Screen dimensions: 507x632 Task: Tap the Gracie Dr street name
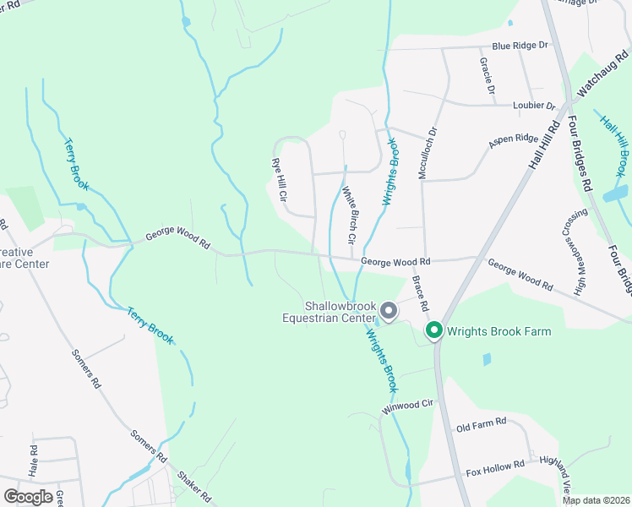(x=487, y=76)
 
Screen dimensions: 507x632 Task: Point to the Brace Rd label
(x=421, y=292)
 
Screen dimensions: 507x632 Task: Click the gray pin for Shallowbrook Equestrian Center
(x=389, y=312)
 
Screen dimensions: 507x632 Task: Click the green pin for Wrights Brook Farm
(x=434, y=330)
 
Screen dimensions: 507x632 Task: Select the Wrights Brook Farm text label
(x=499, y=331)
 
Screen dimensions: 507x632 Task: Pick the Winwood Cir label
(x=407, y=406)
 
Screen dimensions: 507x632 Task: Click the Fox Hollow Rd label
(x=495, y=465)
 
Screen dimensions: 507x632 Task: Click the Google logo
(x=28, y=497)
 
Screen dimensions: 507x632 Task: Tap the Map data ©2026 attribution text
(x=596, y=500)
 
